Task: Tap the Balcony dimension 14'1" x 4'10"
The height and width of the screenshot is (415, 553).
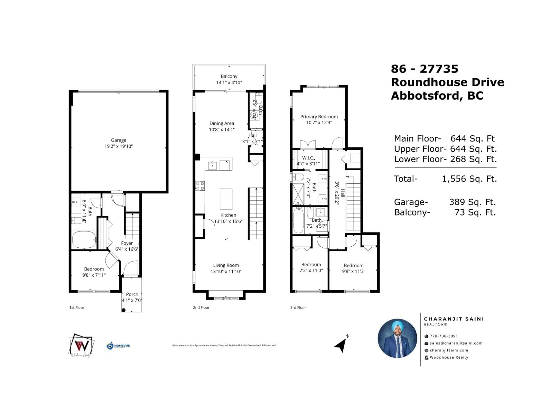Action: (x=229, y=83)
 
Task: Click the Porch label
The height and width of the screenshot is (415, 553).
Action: (x=132, y=294)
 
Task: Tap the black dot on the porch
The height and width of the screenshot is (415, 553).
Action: (x=124, y=310)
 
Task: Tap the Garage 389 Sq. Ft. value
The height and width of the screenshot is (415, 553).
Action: (x=472, y=202)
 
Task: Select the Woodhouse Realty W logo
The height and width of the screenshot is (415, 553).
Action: (x=82, y=345)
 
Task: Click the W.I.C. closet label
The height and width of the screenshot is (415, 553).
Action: (x=308, y=158)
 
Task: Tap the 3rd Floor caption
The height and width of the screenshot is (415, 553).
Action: (x=298, y=308)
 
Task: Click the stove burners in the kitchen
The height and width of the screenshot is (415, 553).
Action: (x=200, y=186)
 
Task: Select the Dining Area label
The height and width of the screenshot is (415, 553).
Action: (x=221, y=123)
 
